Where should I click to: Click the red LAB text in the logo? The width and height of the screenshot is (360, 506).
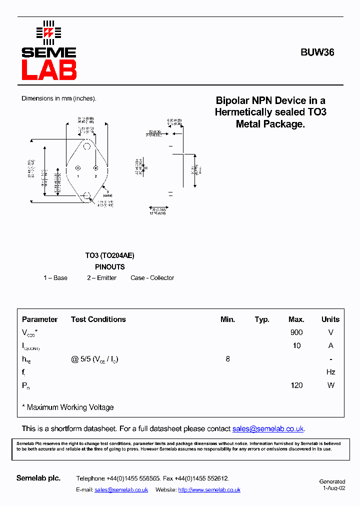click(49, 70)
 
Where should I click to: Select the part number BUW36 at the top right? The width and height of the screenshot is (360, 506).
click(317, 52)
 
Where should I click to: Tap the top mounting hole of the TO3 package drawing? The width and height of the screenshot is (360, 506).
click(87, 146)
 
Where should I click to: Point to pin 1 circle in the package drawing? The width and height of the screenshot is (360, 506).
click(78, 168)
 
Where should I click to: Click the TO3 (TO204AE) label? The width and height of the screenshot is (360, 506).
click(109, 255)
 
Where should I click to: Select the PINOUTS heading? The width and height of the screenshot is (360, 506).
click(109, 267)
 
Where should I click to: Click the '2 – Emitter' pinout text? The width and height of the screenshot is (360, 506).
click(101, 278)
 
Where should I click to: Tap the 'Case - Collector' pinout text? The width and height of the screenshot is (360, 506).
click(152, 278)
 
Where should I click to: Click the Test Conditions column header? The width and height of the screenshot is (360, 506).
click(98, 319)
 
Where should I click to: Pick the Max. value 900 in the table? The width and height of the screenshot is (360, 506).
click(296, 332)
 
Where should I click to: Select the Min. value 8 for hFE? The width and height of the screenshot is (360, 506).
click(228, 359)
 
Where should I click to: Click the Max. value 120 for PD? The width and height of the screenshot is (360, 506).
click(296, 385)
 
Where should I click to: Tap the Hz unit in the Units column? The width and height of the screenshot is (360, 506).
click(330, 372)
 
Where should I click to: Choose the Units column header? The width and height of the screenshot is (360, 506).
click(330, 319)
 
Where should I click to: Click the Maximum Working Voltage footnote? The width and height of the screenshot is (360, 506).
click(68, 407)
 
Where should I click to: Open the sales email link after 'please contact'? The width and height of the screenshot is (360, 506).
click(268, 429)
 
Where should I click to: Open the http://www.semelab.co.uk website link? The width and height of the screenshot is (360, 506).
click(209, 490)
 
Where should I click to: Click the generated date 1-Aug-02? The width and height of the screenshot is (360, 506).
click(333, 488)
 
